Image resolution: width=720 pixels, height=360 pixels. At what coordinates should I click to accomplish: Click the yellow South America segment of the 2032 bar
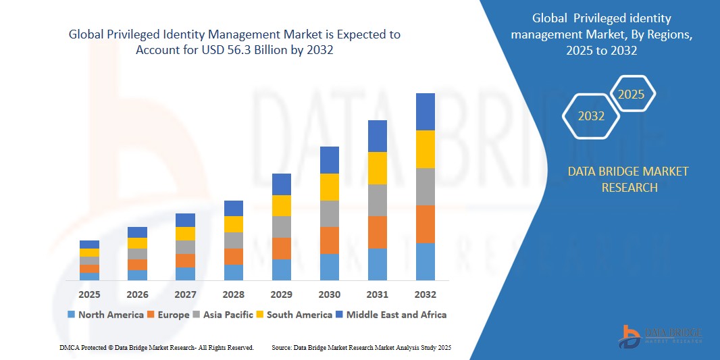click(x=425, y=149)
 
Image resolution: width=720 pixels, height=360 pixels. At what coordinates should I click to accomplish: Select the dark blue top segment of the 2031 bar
click(x=377, y=136)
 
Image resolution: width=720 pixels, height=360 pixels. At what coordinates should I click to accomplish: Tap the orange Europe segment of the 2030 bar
click(x=329, y=240)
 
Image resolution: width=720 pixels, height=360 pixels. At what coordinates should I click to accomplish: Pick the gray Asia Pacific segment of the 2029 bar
click(x=281, y=227)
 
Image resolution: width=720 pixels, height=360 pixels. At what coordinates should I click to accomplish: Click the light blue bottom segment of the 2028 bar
click(x=233, y=272)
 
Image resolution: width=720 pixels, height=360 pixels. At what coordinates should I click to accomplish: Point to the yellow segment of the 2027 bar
click(x=185, y=234)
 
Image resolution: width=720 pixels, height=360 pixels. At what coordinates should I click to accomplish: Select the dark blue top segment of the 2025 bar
click(x=89, y=245)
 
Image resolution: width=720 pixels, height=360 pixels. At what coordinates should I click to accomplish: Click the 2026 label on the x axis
click(x=137, y=294)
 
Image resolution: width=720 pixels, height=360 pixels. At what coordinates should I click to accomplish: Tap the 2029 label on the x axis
click(x=281, y=294)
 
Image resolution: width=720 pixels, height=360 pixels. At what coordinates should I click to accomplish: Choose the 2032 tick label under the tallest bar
click(x=425, y=294)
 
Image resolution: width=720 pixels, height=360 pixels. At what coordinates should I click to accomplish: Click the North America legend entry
click(x=105, y=315)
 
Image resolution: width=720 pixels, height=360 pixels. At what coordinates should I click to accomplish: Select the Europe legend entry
click(x=168, y=315)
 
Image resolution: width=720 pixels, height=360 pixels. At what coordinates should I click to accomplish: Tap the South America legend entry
click(x=294, y=315)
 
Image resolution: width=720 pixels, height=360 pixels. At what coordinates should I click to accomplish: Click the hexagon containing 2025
click(x=632, y=95)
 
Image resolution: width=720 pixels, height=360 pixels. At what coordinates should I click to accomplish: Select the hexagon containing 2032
click(x=591, y=116)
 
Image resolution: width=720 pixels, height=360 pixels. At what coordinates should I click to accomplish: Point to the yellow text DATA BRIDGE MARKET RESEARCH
click(x=628, y=179)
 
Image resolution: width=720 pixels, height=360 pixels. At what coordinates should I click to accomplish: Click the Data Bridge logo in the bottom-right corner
click(x=661, y=336)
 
